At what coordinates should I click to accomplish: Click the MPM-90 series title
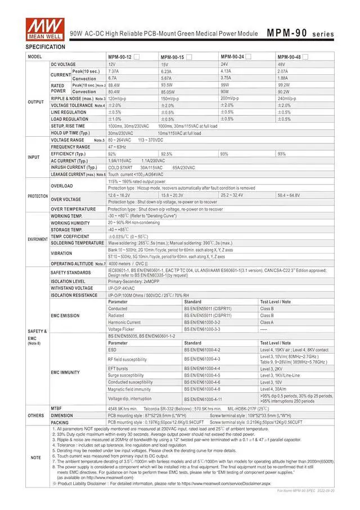pyautogui.click(x=300, y=33)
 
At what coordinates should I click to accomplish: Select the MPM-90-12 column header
pyautogui.click(x=120, y=57)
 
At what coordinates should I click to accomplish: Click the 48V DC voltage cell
pyautogui.click(x=282, y=65)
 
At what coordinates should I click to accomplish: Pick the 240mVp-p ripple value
pyautogui.click(x=287, y=99)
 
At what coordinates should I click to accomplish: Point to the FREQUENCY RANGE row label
pyautogui.click(x=70, y=147)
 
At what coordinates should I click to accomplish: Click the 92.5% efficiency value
pyautogui.click(x=166, y=154)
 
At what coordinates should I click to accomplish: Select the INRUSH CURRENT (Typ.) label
pyautogui.click(x=73, y=167)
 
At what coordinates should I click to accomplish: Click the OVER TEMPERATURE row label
pyautogui.click(x=73, y=209)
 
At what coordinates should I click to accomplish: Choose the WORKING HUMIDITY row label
pyautogui.click(x=70, y=223)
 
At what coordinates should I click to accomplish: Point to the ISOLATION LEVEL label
pyautogui.click(x=68, y=281)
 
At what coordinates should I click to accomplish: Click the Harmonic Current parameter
pyautogui.click(x=124, y=323)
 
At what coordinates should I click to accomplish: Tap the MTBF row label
pyautogui.click(x=56, y=408)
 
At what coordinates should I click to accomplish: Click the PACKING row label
pyautogui.click(x=60, y=422)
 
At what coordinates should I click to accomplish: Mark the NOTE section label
pyautogui.click(x=35, y=457)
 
